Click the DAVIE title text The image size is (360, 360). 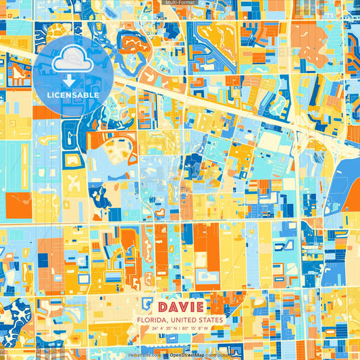(180, 307)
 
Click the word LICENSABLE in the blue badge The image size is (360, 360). (72, 95)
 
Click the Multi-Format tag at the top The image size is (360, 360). (180, 3)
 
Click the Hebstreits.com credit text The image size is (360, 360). (145, 355)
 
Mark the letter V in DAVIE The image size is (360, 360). (180, 307)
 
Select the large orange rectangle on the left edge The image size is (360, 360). (18, 206)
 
